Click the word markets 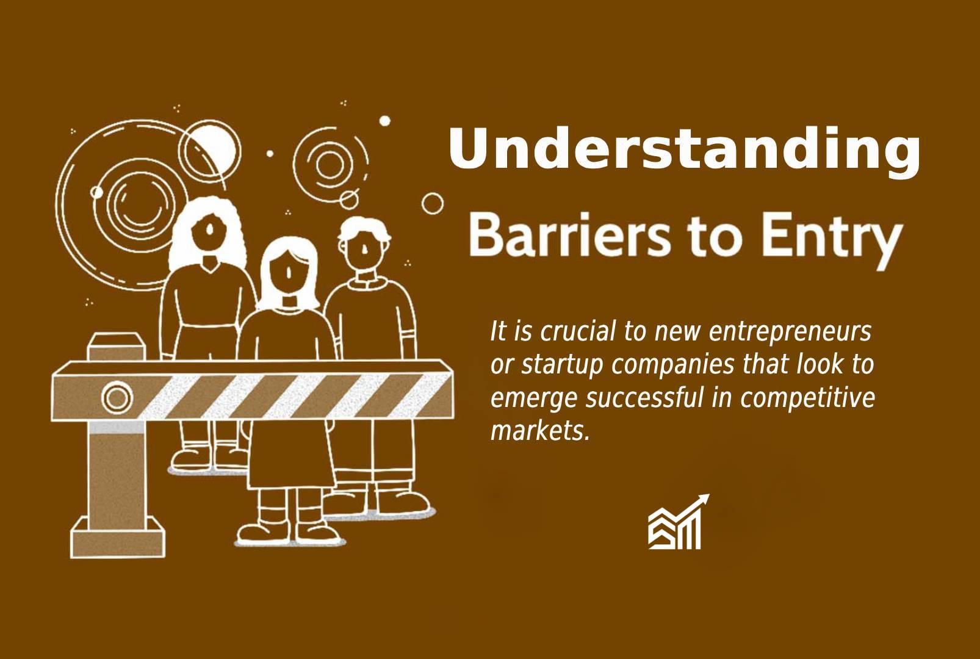click(x=540, y=431)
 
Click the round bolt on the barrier click(x=117, y=397)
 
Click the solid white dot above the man click(x=384, y=121)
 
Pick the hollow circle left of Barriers click(x=433, y=204)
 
